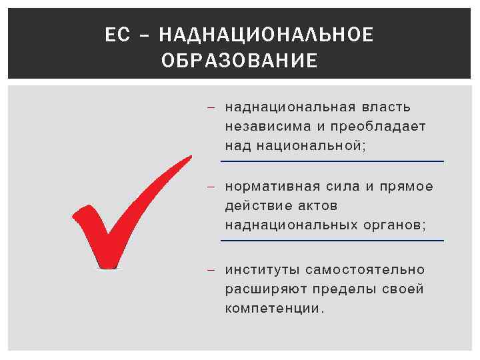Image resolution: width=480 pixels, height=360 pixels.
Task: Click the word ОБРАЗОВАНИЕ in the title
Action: [x=239, y=61]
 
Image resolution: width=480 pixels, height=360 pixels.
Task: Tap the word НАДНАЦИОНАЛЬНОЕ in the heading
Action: [x=267, y=35]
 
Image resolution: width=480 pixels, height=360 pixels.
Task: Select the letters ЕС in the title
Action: [x=117, y=35]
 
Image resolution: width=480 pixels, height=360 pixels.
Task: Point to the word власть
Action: [x=386, y=107]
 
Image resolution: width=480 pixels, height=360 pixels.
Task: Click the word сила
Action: [x=343, y=186]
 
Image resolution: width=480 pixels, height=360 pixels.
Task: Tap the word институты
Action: [x=262, y=270]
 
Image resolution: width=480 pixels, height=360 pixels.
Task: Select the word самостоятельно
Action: [x=365, y=270]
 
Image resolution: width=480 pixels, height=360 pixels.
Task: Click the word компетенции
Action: [x=274, y=309]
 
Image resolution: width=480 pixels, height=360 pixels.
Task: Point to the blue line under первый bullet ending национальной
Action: [x=332, y=161]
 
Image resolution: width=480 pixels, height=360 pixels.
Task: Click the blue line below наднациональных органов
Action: [x=332, y=240]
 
